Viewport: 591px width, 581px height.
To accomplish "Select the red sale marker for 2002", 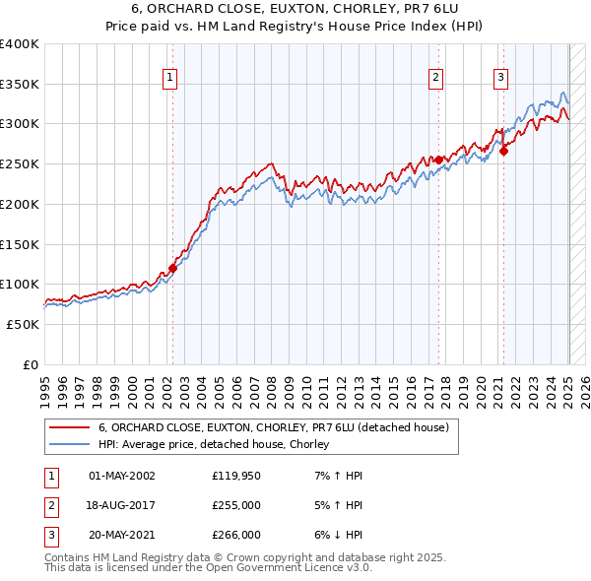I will click(172, 267).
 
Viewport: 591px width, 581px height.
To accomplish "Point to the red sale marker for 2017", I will click(438, 159).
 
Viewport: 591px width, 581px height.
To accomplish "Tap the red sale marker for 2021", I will click(503, 151).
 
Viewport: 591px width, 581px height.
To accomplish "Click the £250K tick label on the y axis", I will click(19, 164).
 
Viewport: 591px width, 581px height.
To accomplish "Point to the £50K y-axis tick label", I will click(23, 324).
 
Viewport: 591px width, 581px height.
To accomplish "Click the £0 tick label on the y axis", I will click(30, 364).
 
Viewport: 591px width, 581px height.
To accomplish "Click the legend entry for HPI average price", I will click(213, 445).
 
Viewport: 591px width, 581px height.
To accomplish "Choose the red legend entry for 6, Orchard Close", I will click(273, 427).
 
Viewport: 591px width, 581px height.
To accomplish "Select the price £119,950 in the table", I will click(235, 476).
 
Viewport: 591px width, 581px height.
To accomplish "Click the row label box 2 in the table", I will click(49, 505).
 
